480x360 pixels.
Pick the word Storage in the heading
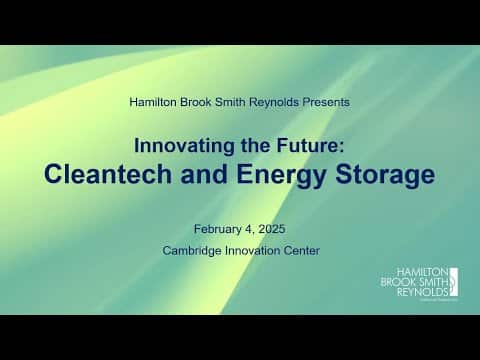coord(381,174)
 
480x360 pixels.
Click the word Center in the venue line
coord(303,250)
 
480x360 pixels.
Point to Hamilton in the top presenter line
coord(156,101)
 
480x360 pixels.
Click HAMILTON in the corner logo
coord(421,270)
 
